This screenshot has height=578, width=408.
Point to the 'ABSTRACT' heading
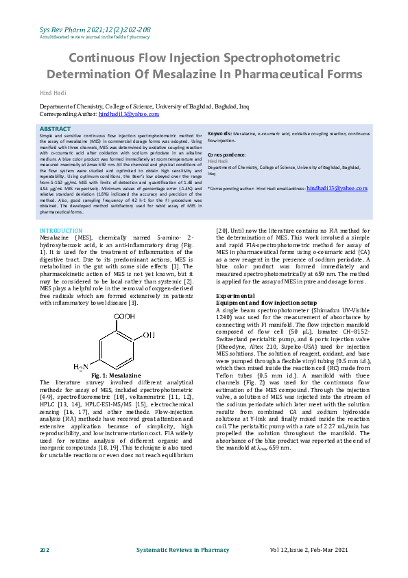tap(54, 129)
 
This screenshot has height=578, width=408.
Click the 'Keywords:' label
tap(220, 134)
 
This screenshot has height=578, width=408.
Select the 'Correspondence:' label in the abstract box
tap(228, 154)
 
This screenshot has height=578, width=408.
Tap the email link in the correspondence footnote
tap(337, 187)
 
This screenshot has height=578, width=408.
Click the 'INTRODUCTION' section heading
tap(61, 231)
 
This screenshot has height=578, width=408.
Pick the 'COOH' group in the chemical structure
tap(125, 317)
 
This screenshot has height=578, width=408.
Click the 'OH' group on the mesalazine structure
tap(148, 336)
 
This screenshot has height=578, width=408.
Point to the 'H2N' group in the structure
tap(82, 367)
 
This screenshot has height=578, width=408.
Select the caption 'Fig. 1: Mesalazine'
tap(115, 375)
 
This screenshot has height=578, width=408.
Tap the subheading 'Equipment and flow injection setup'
tap(266, 302)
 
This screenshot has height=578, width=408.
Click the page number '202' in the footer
tap(45, 551)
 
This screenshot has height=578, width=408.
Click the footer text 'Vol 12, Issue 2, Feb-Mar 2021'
tap(319, 551)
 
